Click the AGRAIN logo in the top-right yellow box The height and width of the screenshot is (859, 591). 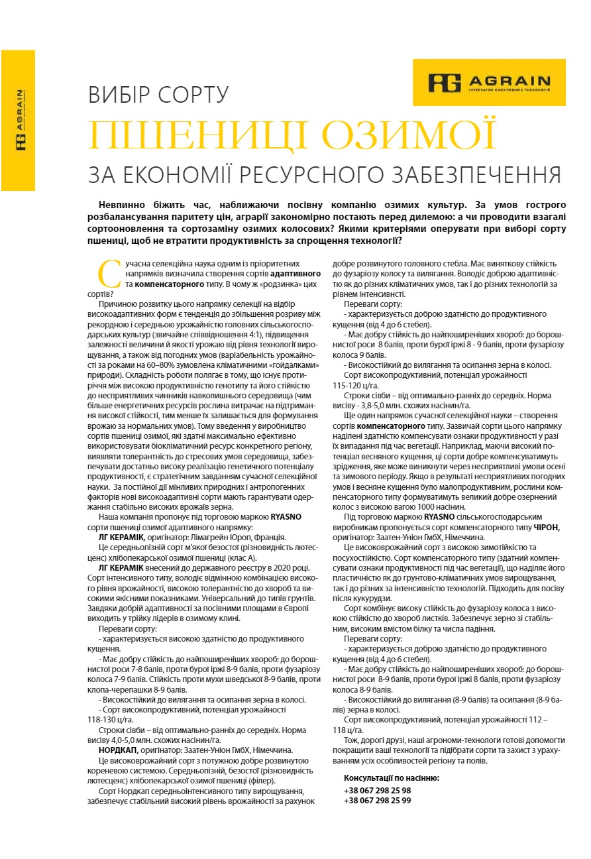pos(489,82)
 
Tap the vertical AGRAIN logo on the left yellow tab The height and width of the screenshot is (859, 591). pos(21,119)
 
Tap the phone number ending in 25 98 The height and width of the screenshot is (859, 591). pos(377,790)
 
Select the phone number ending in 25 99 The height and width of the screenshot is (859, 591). pos(377,800)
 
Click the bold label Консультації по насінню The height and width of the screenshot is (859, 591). pos(391,777)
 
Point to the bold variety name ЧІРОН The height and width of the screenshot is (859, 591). pos(547,527)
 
